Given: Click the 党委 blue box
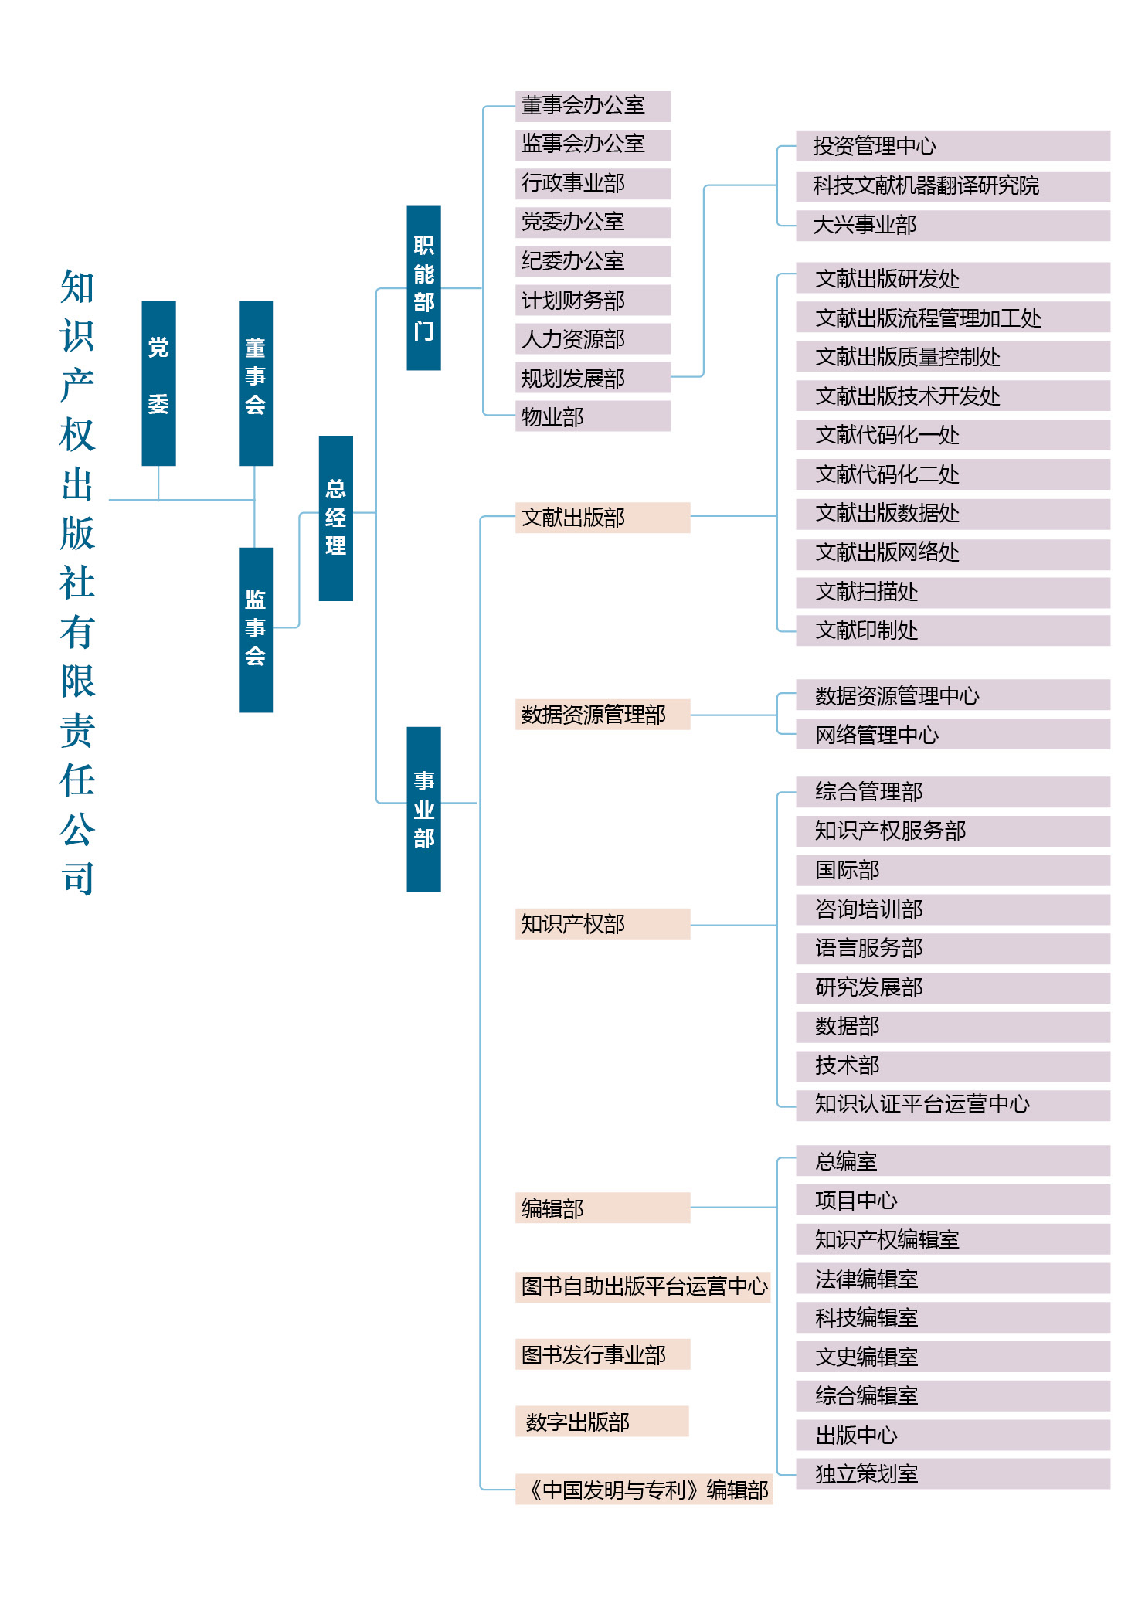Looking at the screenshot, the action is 158,383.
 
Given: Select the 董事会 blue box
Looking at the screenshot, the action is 256,383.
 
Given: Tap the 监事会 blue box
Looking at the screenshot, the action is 256,630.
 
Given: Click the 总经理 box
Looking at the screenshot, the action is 336,518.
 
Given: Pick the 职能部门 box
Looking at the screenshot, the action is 424,287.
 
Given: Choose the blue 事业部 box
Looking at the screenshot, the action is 424,809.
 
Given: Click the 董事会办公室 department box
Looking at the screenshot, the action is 593,106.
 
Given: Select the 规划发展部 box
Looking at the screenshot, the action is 593,378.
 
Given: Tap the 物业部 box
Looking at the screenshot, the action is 593,416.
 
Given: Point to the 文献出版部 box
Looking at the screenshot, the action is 603,518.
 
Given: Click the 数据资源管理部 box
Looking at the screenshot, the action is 603,715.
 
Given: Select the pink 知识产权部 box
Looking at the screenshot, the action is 603,924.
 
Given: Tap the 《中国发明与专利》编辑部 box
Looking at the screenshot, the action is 644,1489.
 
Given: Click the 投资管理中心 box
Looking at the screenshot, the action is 953,146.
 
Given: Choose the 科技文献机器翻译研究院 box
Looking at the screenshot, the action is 953,186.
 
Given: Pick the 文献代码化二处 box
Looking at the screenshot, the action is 953,474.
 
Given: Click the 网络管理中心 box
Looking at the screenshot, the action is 953,734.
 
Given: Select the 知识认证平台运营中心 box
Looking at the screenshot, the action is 953,1105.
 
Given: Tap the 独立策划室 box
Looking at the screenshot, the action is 953,1473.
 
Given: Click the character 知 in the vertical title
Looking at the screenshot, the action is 77,287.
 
